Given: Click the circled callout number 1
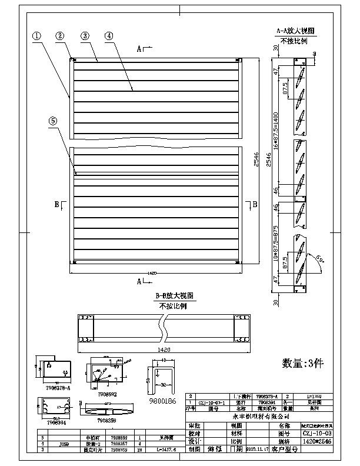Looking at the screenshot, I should [37, 36].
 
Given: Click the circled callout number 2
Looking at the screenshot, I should [60, 36].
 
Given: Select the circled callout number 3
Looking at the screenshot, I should [85, 36].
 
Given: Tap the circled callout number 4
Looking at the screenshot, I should [109, 36].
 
